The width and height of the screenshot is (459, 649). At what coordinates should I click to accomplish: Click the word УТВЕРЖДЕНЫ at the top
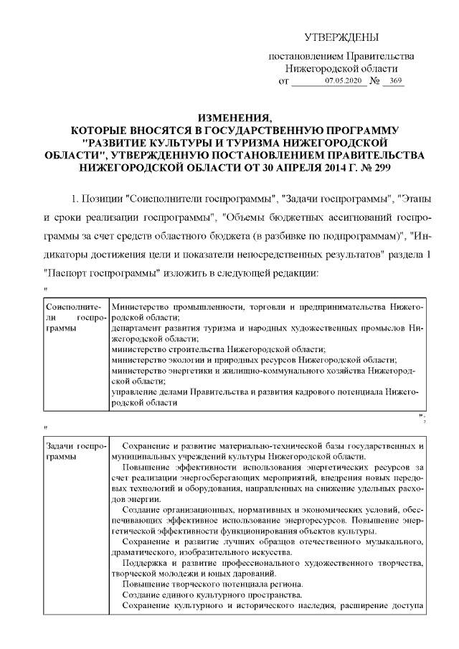click(x=341, y=37)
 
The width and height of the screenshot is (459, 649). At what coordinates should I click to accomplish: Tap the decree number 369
click(x=393, y=82)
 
